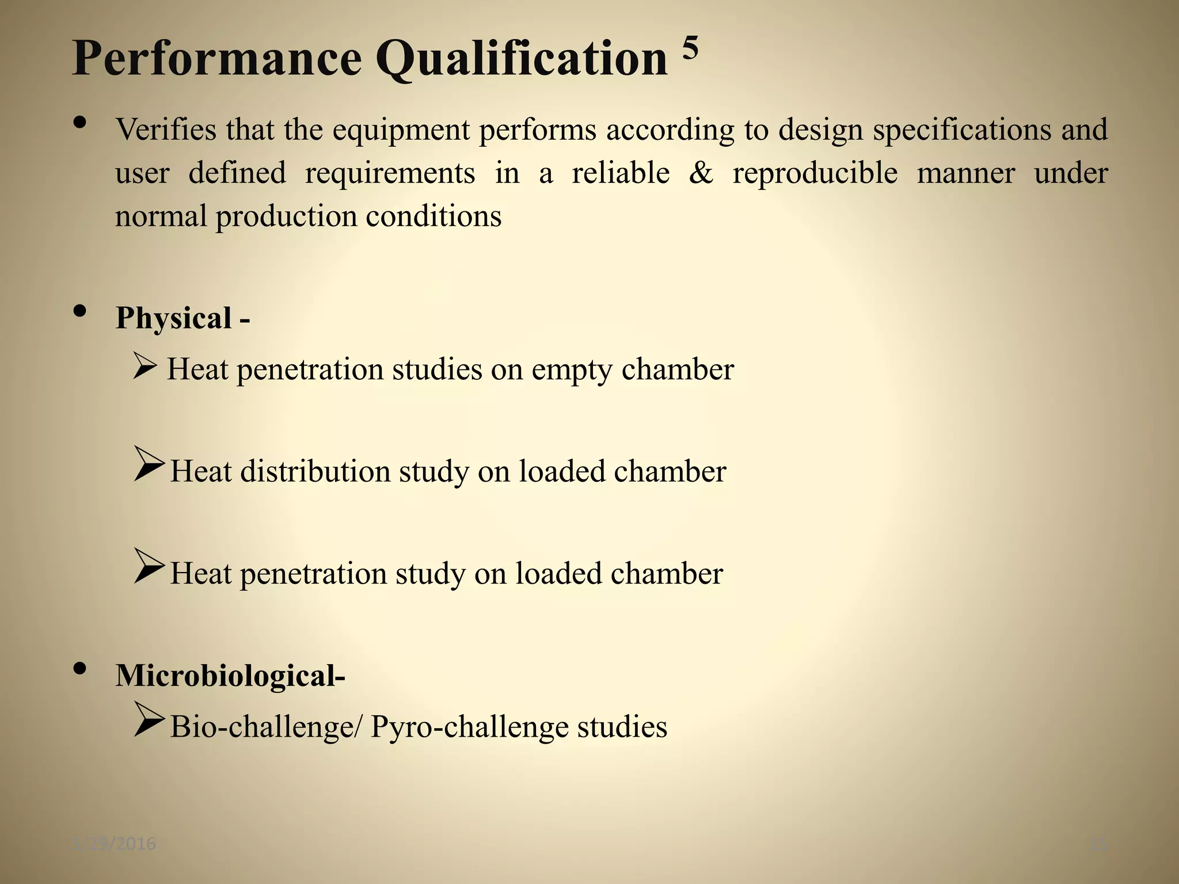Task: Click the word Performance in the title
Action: click(x=216, y=59)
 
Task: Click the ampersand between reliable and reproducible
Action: click(x=701, y=173)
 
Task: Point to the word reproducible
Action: click(x=815, y=173)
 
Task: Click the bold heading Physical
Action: click(x=173, y=318)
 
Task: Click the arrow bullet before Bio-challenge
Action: click(x=149, y=719)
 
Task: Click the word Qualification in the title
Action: click(x=522, y=59)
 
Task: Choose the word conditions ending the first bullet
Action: click(x=433, y=216)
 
